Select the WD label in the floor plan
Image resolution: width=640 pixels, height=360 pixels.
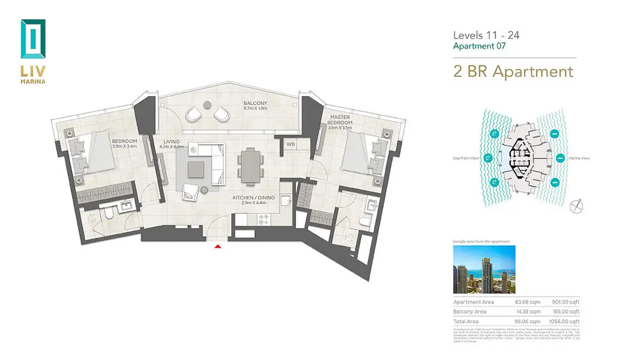point(291,144)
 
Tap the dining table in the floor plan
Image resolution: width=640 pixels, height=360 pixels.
point(249,164)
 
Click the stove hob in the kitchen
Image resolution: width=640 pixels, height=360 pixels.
point(262,221)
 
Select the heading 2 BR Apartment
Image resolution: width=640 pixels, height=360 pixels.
point(513,71)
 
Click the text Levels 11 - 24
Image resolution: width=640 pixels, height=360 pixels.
point(486,35)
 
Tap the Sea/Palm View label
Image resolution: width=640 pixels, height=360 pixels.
point(466,159)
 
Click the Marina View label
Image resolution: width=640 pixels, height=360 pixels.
point(578,159)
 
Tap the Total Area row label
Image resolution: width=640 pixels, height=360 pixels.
point(466,322)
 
